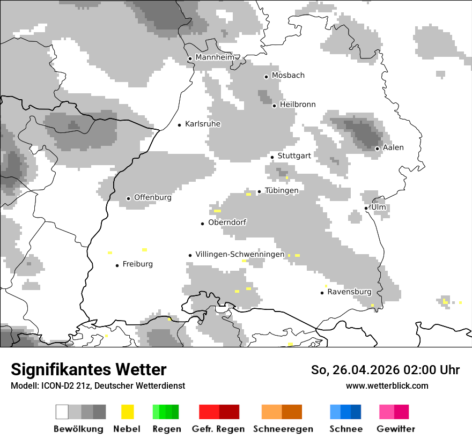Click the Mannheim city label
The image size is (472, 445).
point(215,57)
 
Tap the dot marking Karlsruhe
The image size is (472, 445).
point(180,125)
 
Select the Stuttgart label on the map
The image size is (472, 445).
point(294,156)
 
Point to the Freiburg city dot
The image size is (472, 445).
point(117,265)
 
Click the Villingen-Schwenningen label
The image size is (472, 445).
point(240,254)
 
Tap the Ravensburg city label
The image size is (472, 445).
point(349,292)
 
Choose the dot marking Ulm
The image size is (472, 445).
point(366,208)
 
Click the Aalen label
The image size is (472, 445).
point(393,147)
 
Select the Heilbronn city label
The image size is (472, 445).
point(298,105)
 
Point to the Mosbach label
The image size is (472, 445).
point(288,76)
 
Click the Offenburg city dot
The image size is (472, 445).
point(128,198)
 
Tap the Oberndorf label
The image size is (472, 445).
point(227,222)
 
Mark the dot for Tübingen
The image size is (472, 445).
point(260,191)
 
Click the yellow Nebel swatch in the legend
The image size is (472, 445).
point(127,412)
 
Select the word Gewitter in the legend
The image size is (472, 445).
point(396,429)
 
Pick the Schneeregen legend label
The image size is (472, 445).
point(283,429)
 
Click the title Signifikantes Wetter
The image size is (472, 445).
point(88,370)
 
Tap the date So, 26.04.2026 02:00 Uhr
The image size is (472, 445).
point(385,370)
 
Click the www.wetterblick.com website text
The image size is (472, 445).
point(387,385)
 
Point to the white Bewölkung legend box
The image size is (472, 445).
point(62,412)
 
